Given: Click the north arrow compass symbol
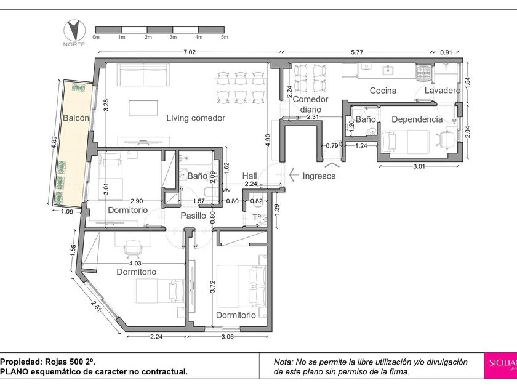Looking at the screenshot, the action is pos(74,31).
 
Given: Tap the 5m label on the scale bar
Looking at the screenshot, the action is pos(225,38).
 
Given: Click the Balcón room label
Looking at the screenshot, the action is pos(76,118).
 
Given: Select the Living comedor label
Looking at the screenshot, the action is pos(196,118).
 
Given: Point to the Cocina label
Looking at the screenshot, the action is pos(383,91).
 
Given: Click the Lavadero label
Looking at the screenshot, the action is pos(442,91).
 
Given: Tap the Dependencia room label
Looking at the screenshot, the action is pos(417,119).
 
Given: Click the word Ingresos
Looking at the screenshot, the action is pos(319,176).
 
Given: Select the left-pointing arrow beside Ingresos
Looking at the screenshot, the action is pos(294,175).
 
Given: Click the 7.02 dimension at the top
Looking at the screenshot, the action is pos(190,52).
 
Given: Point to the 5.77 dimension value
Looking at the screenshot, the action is pos(357,52).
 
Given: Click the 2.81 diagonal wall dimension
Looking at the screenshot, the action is pos(96,306).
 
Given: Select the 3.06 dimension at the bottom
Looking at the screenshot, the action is pos(227,337).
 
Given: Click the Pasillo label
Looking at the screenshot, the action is pos(193,216).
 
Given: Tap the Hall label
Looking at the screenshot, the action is pos(249,176).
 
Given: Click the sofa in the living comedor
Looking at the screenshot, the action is pos(143,75).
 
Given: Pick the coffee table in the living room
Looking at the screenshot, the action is pos(143,108).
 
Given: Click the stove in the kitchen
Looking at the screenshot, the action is pos(423,73).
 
